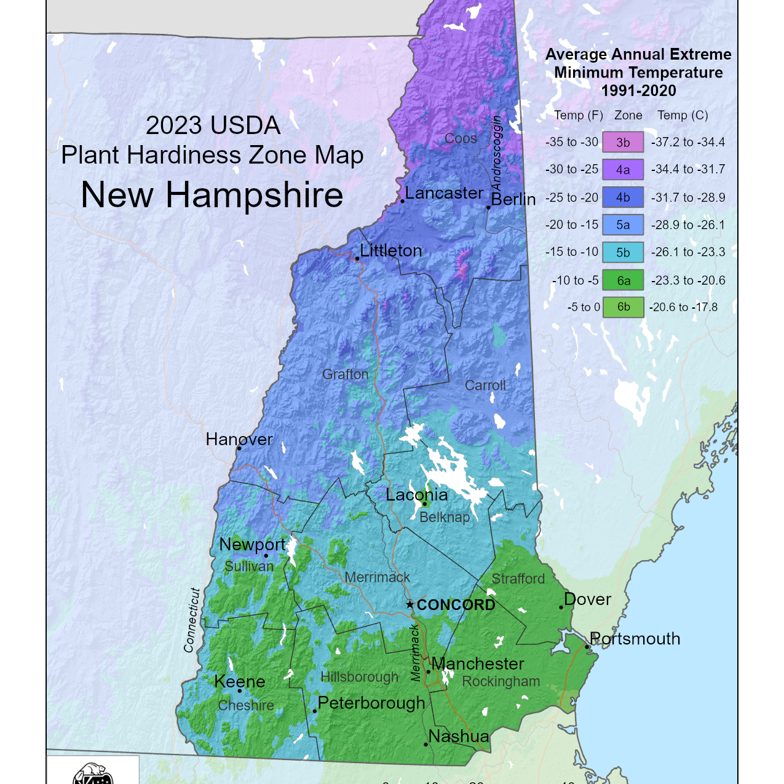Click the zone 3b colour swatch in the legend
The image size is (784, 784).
coord(623,142)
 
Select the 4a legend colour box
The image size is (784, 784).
coord(623,170)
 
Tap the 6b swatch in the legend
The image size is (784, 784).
coord(623,307)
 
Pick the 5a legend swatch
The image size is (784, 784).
coord(623,225)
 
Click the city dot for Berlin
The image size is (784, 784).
coord(488,207)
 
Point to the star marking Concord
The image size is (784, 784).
coord(410,604)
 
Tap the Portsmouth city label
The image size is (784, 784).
coord(635,638)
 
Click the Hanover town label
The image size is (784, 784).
coord(239,439)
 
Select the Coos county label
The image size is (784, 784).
coord(461,138)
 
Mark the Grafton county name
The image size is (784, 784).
coord(346,374)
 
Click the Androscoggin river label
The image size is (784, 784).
coord(496,153)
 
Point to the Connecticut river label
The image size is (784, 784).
coord(192,620)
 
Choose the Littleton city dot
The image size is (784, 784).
coord(357,259)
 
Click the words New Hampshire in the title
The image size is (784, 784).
coord(212,195)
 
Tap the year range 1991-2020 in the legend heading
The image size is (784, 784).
coord(638,90)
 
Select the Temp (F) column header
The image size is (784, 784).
coord(578,115)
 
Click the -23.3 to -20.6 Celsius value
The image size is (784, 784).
coord(688,280)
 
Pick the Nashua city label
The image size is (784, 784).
coord(459,736)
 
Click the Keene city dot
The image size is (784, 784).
coord(240,691)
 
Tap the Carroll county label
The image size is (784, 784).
coord(485,386)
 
